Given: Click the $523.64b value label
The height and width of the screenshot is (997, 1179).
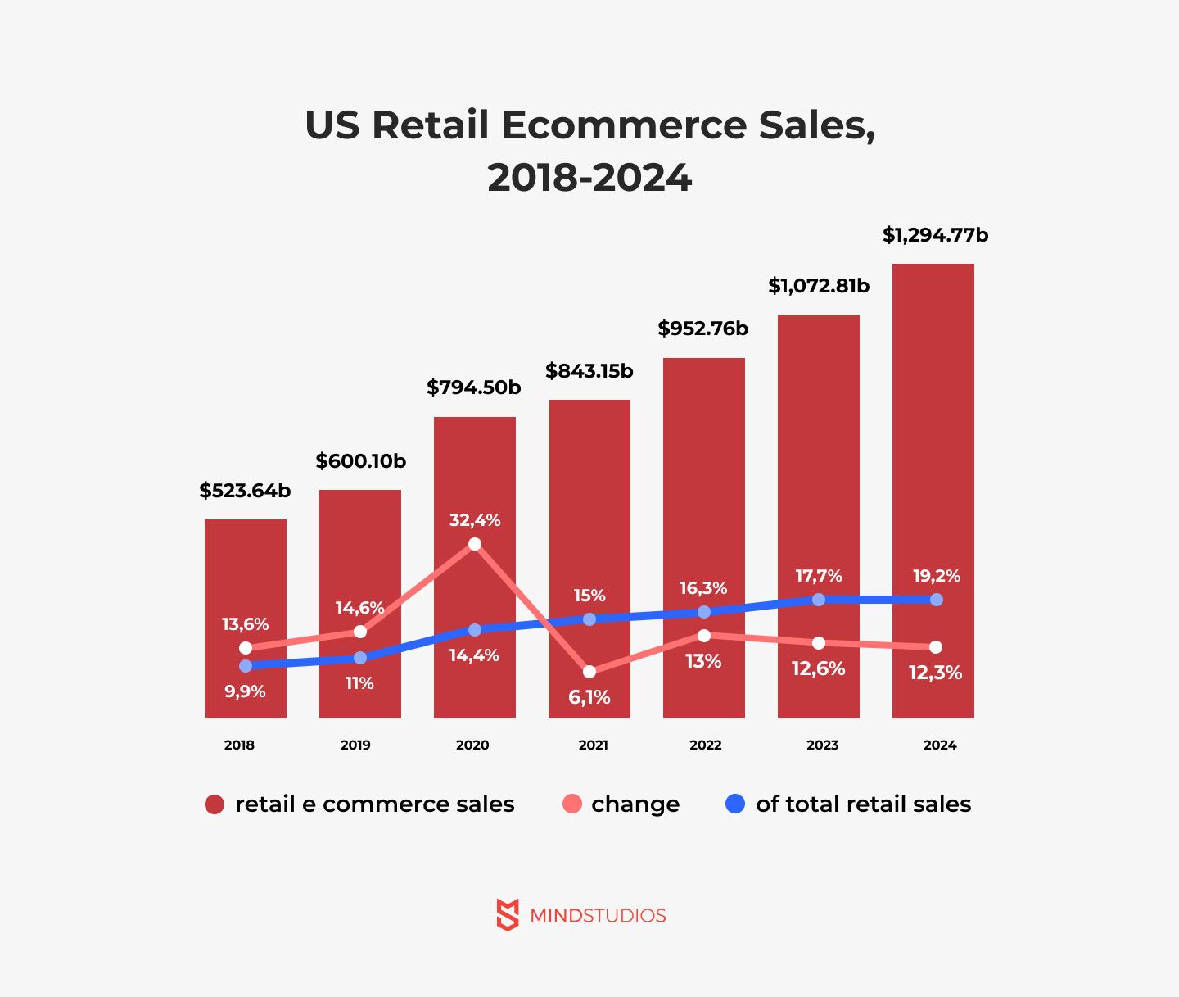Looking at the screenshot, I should (x=245, y=491).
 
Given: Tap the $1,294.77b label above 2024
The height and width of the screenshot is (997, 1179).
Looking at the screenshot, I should (x=935, y=236).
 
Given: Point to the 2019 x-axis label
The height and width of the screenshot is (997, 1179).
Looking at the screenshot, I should (x=355, y=745).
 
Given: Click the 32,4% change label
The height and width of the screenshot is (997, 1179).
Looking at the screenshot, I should (x=475, y=520).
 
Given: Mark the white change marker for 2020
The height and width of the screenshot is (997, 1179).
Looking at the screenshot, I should (x=475, y=544).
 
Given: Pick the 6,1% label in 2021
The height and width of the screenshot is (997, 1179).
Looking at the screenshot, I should (x=589, y=697).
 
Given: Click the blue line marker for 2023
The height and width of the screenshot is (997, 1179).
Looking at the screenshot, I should (x=819, y=600).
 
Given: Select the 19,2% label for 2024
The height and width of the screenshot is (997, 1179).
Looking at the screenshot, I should (x=937, y=576).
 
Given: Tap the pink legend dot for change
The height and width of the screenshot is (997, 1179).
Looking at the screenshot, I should (x=572, y=804).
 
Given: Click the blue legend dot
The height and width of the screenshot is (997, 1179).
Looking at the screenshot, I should (x=735, y=804).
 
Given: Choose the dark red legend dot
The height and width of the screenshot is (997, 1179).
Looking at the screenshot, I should (x=215, y=804).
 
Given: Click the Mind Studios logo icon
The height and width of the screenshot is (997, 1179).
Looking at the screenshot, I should (x=508, y=914).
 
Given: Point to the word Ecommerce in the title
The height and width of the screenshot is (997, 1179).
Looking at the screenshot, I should (x=624, y=125).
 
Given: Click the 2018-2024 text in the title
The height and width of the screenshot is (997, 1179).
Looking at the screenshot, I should (x=589, y=178).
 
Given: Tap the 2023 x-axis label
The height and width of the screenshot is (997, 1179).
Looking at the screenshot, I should (x=822, y=745).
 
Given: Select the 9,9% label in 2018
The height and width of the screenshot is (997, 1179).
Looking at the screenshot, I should (x=245, y=691).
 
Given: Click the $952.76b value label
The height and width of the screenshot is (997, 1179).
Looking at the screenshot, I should (x=703, y=329).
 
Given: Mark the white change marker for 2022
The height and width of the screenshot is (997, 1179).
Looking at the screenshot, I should (x=704, y=636).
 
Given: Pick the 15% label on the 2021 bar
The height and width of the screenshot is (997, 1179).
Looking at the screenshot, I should (x=589, y=596).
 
